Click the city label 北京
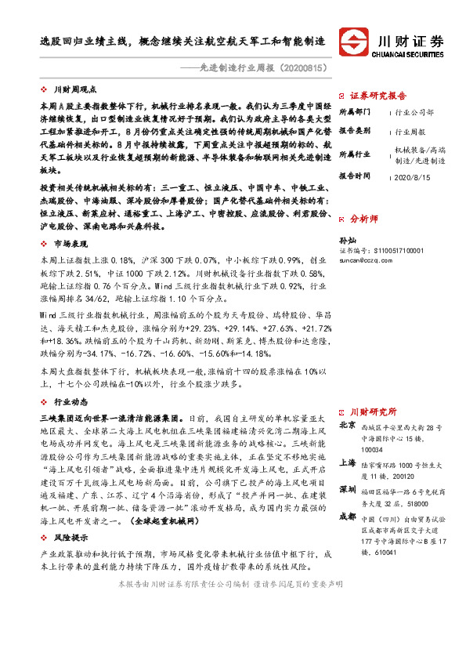tap(347, 426)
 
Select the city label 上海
tap(347, 462)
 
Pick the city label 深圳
tap(347, 490)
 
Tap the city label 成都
tap(347, 517)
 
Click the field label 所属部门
tap(356, 112)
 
